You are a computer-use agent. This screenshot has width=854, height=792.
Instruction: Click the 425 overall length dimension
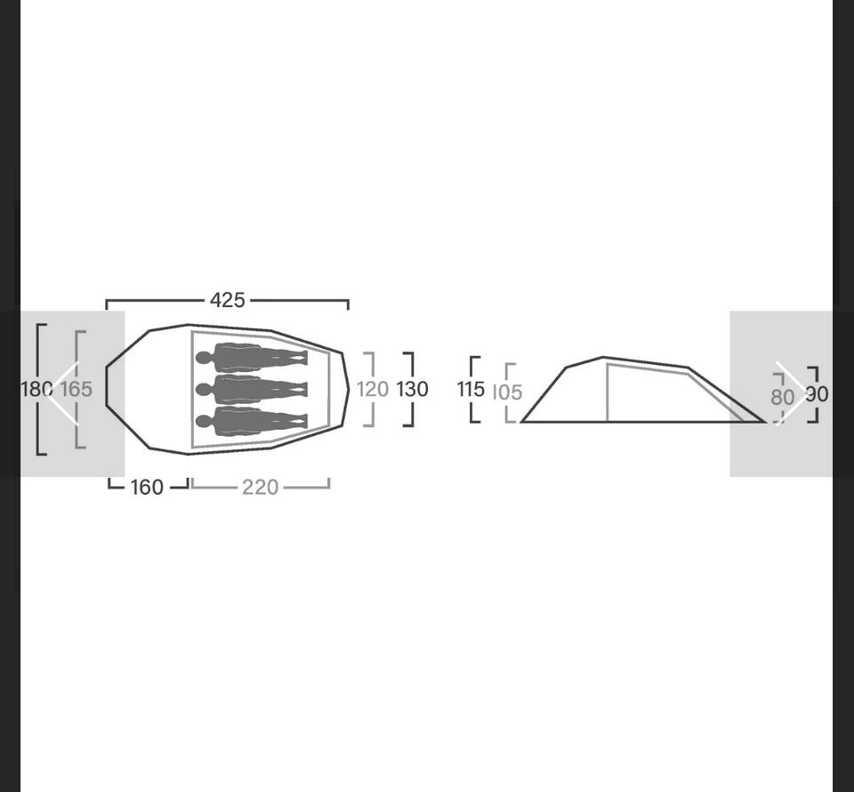(x=228, y=300)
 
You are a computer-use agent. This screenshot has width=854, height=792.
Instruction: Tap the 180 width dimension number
(x=36, y=389)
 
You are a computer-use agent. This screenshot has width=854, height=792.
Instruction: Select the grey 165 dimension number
(x=76, y=389)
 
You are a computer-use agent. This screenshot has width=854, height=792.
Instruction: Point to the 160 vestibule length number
(x=147, y=487)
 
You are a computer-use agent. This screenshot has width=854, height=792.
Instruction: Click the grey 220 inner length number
(x=261, y=487)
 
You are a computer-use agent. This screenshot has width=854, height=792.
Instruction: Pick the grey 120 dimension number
(x=373, y=389)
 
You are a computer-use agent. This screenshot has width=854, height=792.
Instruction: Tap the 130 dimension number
(x=412, y=389)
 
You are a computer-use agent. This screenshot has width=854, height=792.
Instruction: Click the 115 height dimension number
(x=471, y=389)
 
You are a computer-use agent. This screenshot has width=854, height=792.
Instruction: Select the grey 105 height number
(x=507, y=392)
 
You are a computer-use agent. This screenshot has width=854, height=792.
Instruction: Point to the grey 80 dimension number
(x=782, y=397)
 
